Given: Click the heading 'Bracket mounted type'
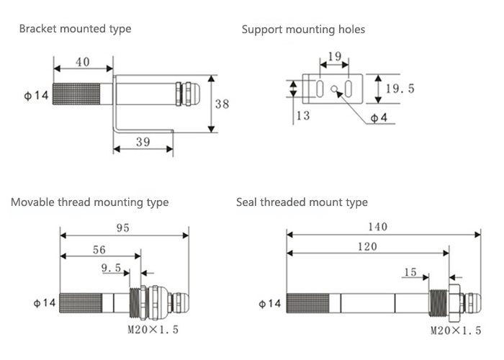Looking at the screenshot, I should click(x=75, y=30).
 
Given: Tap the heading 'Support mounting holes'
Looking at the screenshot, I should click(x=303, y=30).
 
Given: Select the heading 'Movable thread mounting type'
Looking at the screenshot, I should click(x=89, y=202).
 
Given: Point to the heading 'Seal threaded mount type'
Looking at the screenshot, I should click(x=302, y=202).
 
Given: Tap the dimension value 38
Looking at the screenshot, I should click(x=222, y=104).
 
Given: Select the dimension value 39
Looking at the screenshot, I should click(x=143, y=142).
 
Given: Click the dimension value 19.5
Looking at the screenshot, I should click(x=400, y=89).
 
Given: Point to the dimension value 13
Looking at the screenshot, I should click(x=303, y=116).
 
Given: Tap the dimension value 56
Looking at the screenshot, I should click(x=99, y=250).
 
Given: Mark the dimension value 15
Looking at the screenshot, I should click(x=410, y=272).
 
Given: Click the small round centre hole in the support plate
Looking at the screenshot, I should click(x=333, y=90).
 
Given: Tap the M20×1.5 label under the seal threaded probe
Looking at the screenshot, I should click(x=456, y=330).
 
